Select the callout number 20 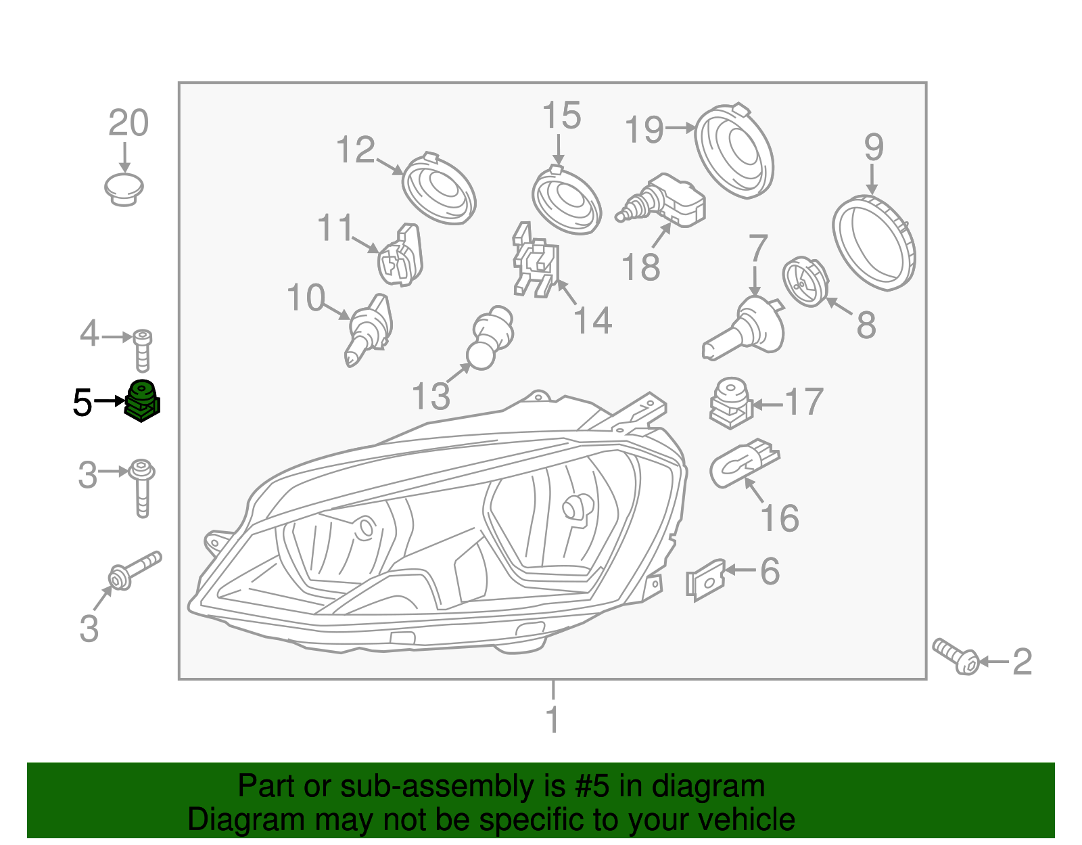pyautogui.click(x=128, y=124)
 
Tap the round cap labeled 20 pyautogui.click(x=124, y=188)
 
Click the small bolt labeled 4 pyautogui.click(x=142, y=350)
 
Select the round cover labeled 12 pyautogui.click(x=439, y=189)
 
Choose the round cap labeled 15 pyautogui.click(x=566, y=200)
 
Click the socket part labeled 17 pyautogui.click(x=730, y=402)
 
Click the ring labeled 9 pyautogui.click(x=873, y=242)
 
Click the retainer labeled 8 pyautogui.click(x=805, y=281)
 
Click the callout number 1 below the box pyautogui.click(x=552, y=719)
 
